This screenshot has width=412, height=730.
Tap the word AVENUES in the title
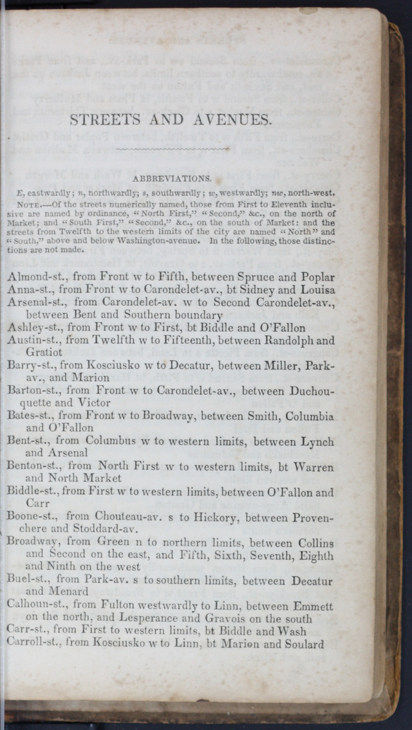coord(226,120)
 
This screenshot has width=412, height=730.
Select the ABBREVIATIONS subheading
coord(171,178)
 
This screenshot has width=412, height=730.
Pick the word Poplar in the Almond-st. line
coord(315,278)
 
